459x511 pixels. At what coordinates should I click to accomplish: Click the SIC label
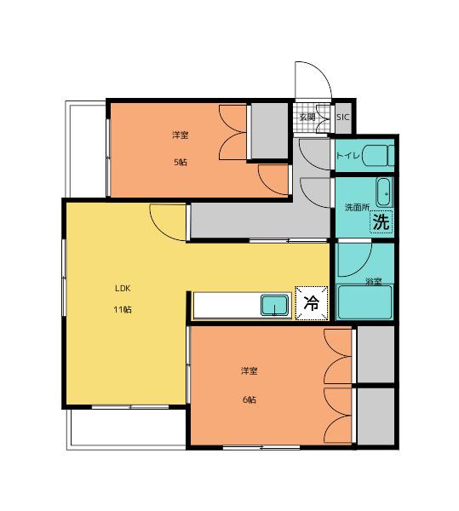coord(342,117)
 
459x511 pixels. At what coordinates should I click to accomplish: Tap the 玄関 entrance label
coord(307,117)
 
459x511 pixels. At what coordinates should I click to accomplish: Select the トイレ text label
coord(347,155)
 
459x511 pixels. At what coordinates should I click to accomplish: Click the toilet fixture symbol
coord(378,156)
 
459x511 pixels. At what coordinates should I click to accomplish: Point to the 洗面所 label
coord(357,207)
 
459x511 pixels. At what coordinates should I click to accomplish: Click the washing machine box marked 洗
coord(382,221)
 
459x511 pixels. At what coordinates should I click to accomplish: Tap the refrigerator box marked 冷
coord(311,303)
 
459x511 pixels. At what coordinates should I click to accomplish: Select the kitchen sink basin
coord(275,305)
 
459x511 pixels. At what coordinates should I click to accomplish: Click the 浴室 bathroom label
coord(373,282)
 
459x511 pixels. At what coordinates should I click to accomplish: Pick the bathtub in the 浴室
coord(364,302)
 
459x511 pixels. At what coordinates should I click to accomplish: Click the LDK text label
coord(123,288)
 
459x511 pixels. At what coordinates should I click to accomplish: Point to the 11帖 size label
coord(123,309)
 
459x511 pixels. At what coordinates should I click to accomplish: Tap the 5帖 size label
coord(181,162)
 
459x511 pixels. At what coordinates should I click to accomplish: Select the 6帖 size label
coord(250,399)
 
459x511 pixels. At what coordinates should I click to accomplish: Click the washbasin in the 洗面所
coord(385,192)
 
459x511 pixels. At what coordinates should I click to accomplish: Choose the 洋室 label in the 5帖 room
coord(181,135)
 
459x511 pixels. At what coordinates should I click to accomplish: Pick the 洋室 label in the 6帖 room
coord(250,370)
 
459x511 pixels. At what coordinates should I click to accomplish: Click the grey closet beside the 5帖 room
coord(269,130)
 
